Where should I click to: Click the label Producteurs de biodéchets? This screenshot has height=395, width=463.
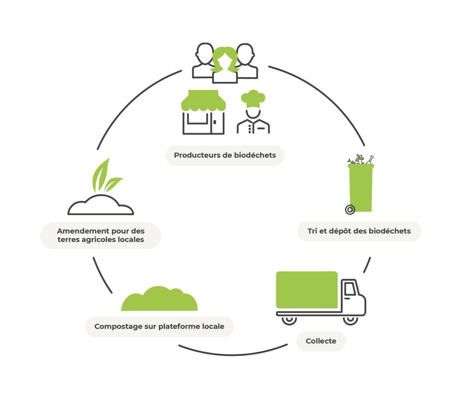225,155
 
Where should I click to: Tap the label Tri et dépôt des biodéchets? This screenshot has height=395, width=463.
359,231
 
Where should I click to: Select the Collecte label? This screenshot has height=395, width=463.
321,341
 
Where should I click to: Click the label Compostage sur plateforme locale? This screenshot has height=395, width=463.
159,326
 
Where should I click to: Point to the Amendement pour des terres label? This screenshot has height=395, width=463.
101,235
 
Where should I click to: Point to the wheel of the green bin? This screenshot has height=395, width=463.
350,210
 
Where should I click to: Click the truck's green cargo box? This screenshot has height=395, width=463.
307,289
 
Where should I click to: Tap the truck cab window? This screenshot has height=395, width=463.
350,288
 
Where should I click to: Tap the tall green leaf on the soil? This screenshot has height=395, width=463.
100,176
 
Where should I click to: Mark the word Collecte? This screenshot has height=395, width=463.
321,341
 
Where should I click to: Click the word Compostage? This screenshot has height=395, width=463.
116,326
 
